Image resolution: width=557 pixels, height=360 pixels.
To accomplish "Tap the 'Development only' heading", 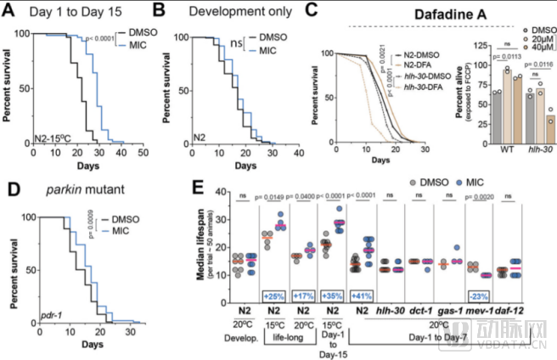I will coord(232,12).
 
